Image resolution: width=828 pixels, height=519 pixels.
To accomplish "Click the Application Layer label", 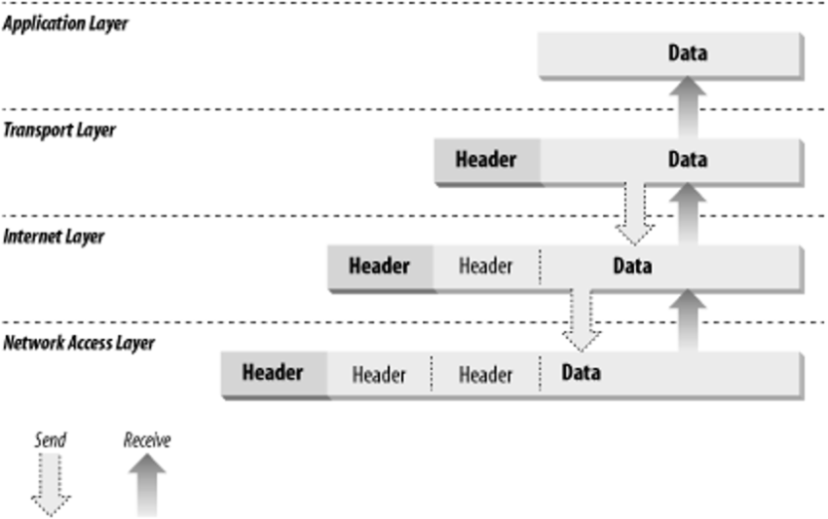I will (x=65, y=23).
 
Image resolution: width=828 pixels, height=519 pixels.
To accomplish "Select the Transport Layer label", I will (x=58, y=130).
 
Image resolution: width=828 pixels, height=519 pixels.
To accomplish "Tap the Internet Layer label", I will (x=54, y=236).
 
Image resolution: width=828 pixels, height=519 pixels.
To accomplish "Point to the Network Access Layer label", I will (x=79, y=343).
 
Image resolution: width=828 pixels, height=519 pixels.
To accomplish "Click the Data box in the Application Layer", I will (x=687, y=54).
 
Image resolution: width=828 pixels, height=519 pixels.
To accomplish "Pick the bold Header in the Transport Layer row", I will (x=485, y=160).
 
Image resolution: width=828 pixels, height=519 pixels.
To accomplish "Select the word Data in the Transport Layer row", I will (x=687, y=160).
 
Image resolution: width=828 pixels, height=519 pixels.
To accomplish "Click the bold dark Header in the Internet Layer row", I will (x=379, y=265).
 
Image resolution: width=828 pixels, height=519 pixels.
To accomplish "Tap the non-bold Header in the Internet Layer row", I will (x=485, y=266).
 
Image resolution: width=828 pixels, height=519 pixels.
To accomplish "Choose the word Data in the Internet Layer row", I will (x=632, y=265).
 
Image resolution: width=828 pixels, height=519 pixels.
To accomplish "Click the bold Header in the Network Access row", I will (x=273, y=372).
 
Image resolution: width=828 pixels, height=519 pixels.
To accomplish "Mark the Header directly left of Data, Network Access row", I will (x=485, y=374).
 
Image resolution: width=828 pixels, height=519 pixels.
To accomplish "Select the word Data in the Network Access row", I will (x=581, y=372).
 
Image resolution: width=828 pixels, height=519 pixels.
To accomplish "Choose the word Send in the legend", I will (x=50, y=440).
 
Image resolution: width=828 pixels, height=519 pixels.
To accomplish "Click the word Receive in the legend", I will (x=146, y=440).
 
